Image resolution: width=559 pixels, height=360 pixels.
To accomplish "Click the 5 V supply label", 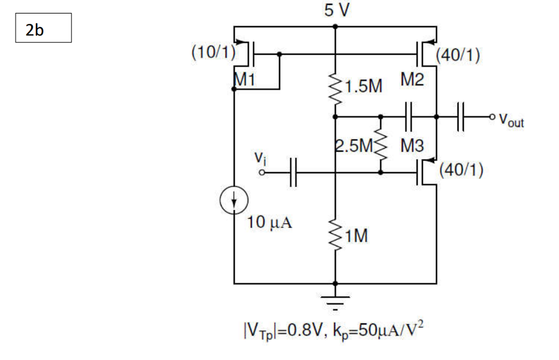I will click(335, 11).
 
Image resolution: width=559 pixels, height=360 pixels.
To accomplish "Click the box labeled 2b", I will click(44, 28).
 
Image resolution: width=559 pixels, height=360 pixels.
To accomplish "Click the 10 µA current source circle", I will click(234, 200).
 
